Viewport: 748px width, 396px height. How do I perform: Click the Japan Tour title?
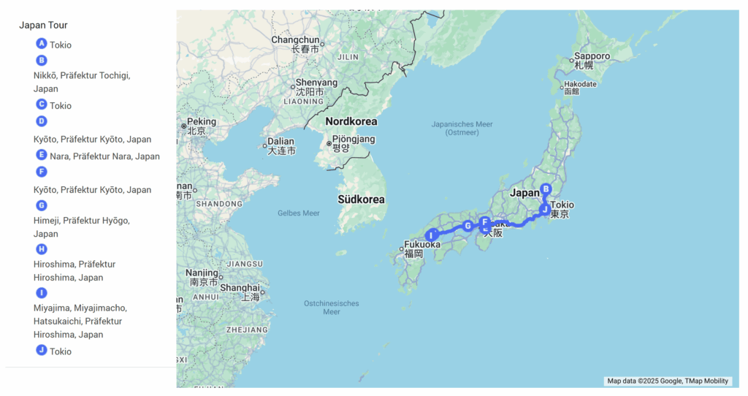point(43,25)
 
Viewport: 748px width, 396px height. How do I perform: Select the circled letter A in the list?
point(42,44)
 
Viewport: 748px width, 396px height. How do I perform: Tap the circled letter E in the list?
point(42,155)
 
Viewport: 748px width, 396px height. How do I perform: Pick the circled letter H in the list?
point(42,249)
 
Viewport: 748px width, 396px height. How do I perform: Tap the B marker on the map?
point(546,189)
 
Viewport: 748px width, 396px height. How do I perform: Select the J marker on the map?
point(544,210)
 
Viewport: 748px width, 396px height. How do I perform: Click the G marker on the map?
point(467,226)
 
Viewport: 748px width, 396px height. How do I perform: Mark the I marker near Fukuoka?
point(432,235)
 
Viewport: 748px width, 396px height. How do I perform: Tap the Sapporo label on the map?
point(592,56)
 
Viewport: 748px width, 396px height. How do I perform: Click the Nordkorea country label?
point(351,121)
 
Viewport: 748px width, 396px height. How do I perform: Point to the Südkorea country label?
point(361,199)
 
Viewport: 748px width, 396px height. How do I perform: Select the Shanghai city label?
point(239,287)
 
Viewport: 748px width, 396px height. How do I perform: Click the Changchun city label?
point(295,39)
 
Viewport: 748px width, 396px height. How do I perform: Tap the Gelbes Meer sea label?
point(299,213)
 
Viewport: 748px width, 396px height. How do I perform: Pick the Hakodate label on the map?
point(580,84)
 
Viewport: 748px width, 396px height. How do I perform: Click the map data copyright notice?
point(668,381)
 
